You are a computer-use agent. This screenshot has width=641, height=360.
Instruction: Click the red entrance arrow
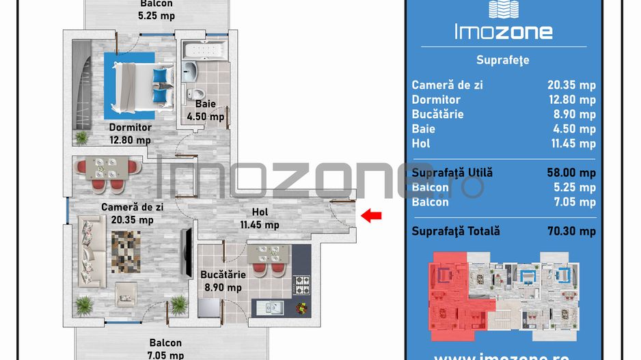coord(371,216)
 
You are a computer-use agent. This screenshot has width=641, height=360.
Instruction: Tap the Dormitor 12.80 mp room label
coord(130,134)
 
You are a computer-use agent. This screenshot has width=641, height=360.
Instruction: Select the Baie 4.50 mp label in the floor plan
coord(206,110)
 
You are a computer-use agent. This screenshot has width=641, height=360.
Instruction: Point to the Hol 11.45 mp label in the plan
coord(259,218)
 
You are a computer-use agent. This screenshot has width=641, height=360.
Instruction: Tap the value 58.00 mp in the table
coord(571,173)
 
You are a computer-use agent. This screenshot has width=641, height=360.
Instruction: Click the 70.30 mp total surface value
coord(571,231)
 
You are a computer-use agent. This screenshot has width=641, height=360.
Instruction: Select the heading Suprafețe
coord(504,60)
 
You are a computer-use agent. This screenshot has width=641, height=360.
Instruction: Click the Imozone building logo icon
coord(504,8)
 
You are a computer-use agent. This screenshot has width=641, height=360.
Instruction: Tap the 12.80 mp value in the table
coord(571,100)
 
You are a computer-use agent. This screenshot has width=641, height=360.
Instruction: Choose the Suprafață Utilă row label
coord(452,173)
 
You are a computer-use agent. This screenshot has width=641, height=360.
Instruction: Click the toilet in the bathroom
coord(198,93)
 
